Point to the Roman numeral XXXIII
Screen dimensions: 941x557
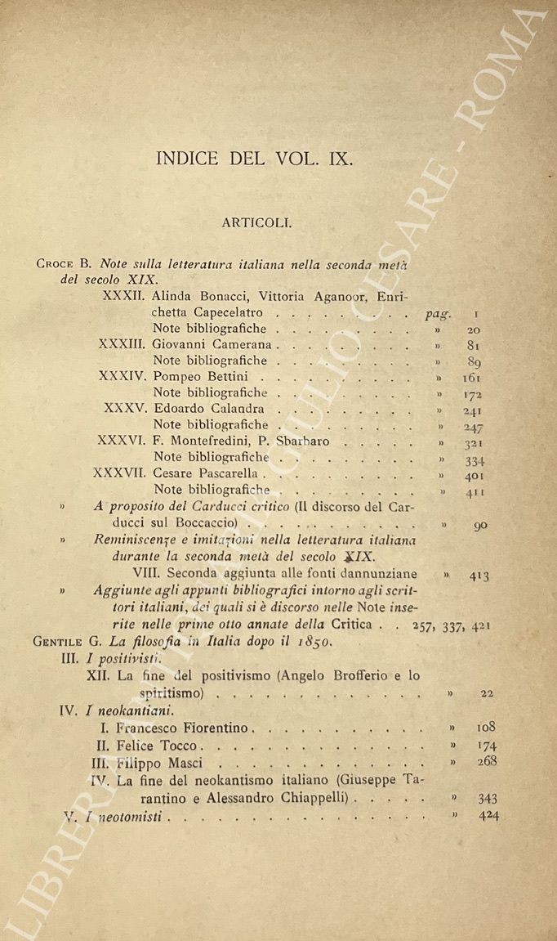(x=122, y=345)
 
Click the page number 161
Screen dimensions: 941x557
(x=471, y=378)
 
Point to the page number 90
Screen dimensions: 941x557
(x=479, y=525)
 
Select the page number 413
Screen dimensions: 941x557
(x=479, y=576)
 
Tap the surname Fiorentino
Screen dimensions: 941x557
(x=214, y=727)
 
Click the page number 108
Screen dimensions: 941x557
(x=486, y=726)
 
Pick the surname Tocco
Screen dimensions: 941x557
(x=180, y=746)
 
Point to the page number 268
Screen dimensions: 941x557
(x=487, y=763)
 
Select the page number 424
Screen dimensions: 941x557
(x=487, y=814)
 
